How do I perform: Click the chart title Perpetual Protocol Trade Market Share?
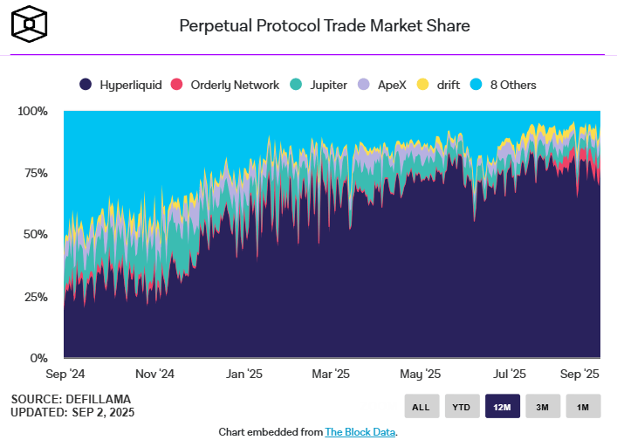coord(325,26)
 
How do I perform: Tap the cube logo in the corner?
coord(29,24)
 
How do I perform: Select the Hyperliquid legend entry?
coord(120,85)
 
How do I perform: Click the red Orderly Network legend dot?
coord(176,84)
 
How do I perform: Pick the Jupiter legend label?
coord(328,85)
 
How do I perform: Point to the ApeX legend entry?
coord(381,85)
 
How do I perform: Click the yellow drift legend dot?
coord(422,84)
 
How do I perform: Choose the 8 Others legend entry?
coord(503,85)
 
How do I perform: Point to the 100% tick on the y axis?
coord(32,111)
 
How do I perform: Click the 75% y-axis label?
coord(36,173)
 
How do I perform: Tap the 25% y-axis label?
coord(36,297)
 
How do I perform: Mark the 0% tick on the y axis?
coord(39,358)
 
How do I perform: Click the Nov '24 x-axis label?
coord(154,374)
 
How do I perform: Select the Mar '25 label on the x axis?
coord(331,374)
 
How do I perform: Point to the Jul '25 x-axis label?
coord(509,374)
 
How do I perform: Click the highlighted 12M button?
coord(503,406)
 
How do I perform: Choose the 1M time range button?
coord(583,406)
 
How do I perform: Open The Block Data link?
coord(360,432)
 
